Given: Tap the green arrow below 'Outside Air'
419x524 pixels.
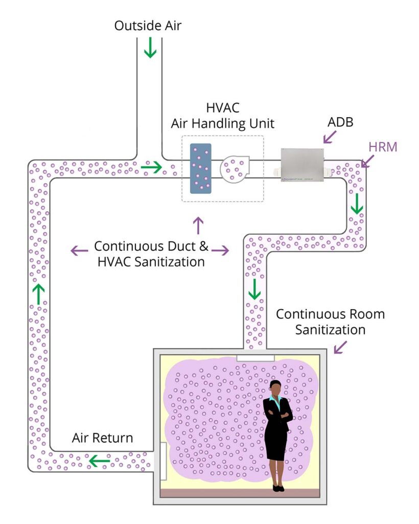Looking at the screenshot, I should (150, 50).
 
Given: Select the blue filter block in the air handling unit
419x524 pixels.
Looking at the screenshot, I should (200, 168).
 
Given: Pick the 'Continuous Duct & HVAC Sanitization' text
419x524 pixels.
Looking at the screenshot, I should (151, 253).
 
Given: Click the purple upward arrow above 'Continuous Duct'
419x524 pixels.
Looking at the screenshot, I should (198, 225).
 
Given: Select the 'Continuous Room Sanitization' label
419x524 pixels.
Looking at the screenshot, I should (330, 321).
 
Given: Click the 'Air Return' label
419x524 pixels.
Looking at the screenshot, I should (102, 438).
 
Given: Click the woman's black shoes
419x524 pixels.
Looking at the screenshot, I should (278, 488).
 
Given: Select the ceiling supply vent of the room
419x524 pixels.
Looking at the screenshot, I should (255, 357).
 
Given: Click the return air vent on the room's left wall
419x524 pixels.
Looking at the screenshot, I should (164, 461).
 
